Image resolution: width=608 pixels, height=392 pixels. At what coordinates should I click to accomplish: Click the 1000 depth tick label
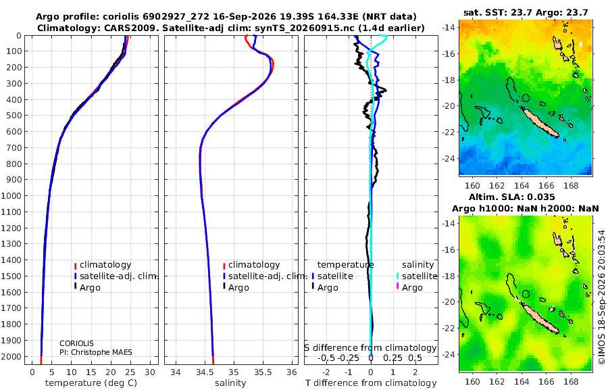point(11,195)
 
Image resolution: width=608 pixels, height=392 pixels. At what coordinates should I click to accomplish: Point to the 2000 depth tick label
point(11,356)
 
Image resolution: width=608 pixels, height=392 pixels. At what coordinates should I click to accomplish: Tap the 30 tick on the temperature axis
point(150,372)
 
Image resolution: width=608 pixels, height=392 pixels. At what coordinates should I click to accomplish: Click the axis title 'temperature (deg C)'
point(91,383)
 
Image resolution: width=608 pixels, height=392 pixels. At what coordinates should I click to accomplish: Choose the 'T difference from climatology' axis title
point(371,383)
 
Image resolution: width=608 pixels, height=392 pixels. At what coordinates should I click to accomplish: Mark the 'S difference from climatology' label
point(371,347)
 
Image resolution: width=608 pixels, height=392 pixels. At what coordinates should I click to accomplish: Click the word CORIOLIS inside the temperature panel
point(76,343)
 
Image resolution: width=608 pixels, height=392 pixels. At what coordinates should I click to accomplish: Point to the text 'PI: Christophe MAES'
point(96,352)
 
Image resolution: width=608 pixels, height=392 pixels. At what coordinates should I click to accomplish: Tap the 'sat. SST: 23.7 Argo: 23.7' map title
point(526,12)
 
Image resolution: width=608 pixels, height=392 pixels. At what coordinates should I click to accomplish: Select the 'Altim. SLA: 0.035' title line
point(512,197)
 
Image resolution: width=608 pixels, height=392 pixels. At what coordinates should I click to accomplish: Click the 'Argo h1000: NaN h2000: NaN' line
point(526,209)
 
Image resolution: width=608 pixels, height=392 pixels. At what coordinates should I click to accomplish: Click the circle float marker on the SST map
point(526,98)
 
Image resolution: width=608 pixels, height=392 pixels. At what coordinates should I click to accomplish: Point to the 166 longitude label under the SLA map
point(546,381)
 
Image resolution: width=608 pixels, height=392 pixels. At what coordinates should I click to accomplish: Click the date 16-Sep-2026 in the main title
point(253,17)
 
